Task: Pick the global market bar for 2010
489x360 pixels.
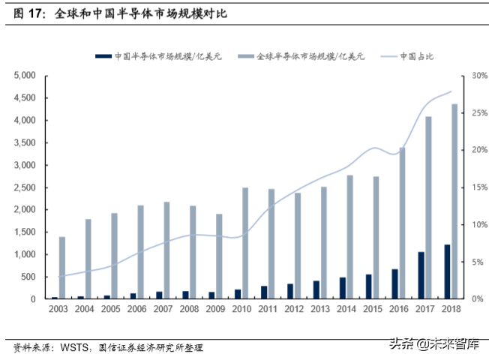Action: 245,243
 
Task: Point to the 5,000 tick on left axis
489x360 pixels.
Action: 25,76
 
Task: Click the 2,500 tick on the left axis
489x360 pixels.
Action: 25,187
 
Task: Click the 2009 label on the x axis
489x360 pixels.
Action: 214,310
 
